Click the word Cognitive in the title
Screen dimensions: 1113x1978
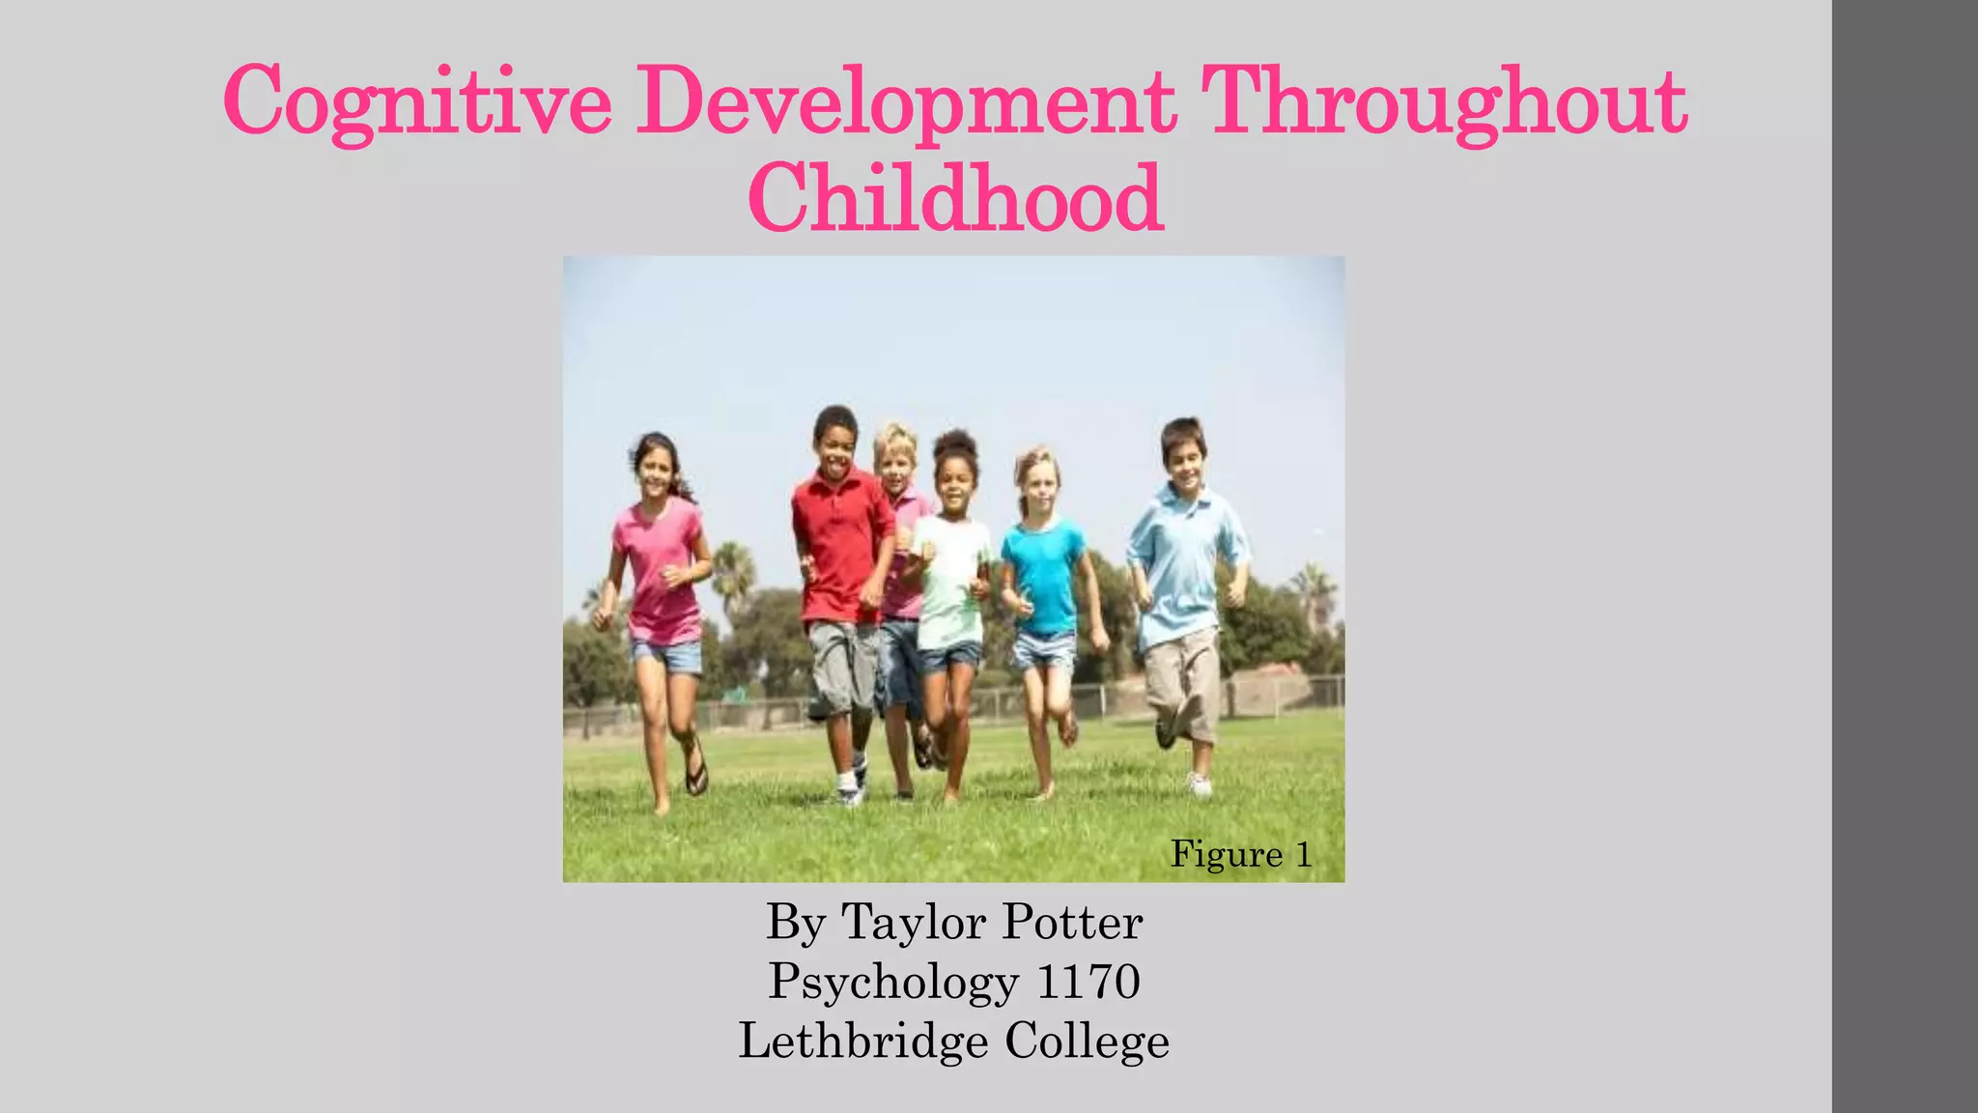417,102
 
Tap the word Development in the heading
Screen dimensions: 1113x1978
905,102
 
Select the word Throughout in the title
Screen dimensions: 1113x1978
1446,102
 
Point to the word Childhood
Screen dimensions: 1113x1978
955,199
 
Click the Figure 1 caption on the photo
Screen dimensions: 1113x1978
1241,854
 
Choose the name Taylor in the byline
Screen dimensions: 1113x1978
915,922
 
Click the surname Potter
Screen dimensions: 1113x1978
1072,922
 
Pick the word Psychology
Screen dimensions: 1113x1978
893,982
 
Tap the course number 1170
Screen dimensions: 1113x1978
1088,982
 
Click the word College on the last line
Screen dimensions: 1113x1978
1087,1042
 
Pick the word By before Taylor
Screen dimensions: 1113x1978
796,922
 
